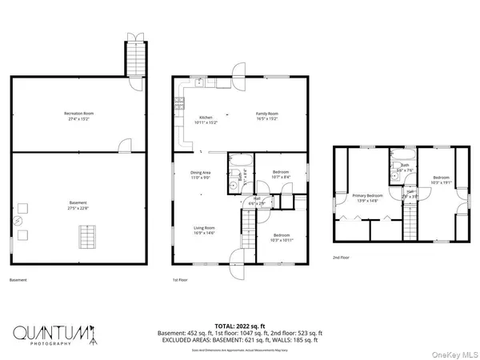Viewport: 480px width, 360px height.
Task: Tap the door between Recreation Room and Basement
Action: point(124,146)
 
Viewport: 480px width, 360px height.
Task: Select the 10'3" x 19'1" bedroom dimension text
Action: point(442,182)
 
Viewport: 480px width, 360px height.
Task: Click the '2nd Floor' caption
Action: point(342,257)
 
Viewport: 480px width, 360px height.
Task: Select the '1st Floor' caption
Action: point(181,280)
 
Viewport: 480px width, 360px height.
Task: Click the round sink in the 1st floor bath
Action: point(234,185)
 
